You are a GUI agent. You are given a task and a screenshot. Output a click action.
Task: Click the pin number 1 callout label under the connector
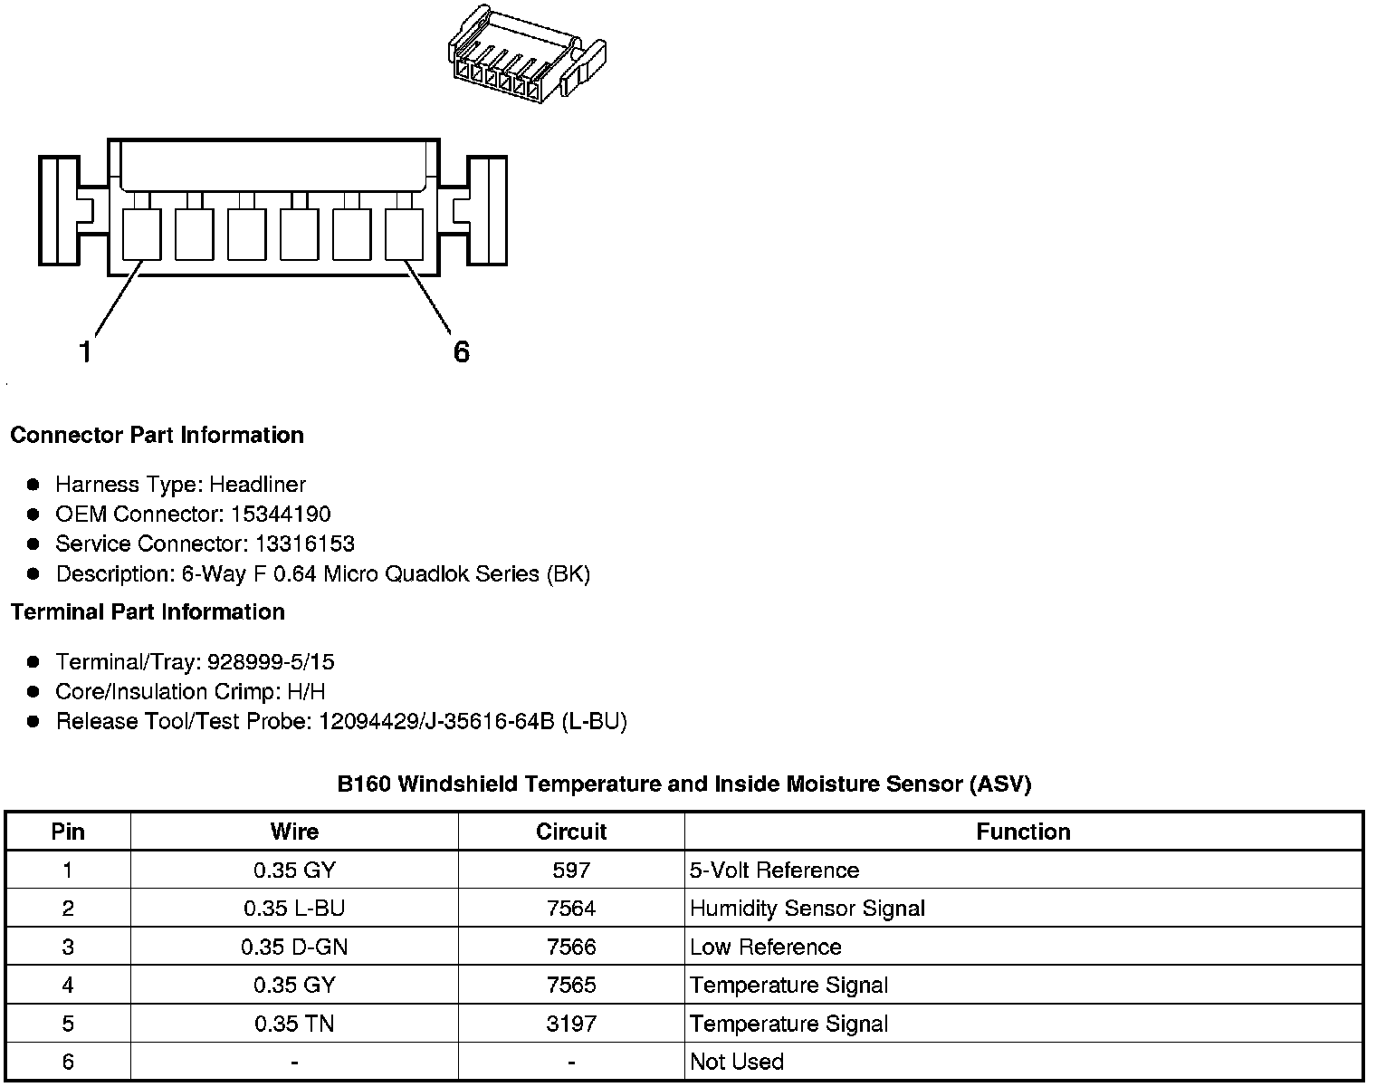[x=86, y=351]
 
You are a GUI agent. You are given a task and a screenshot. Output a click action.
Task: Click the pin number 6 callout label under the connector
[x=462, y=351]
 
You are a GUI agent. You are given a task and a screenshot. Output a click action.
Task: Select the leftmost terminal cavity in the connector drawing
[x=141, y=235]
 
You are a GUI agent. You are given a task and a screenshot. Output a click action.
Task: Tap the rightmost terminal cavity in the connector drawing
[x=405, y=235]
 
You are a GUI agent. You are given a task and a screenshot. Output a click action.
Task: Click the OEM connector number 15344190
[x=281, y=515]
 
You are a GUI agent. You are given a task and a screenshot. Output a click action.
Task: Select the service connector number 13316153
[x=291, y=544]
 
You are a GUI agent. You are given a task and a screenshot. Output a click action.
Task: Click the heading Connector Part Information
[x=157, y=436]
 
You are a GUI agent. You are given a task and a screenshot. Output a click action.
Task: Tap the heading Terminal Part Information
[x=148, y=612]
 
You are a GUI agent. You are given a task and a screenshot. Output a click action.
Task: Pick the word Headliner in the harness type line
[x=258, y=485]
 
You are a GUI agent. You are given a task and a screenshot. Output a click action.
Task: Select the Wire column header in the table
[x=294, y=832]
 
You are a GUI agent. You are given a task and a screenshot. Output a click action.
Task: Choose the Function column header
[x=1023, y=832]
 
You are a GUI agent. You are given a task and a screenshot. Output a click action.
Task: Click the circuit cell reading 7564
[x=571, y=909]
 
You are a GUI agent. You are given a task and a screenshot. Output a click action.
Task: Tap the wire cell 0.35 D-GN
[x=294, y=948]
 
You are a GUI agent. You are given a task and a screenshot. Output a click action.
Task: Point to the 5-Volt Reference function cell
[x=774, y=871]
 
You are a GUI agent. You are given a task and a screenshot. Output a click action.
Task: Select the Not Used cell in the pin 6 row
[x=736, y=1062]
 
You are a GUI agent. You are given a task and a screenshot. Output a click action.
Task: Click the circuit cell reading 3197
[x=571, y=1024]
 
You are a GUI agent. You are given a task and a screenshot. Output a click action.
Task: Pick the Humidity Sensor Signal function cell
[x=807, y=909]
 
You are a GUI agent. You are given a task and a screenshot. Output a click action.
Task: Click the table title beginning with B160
[x=684, y=784]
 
